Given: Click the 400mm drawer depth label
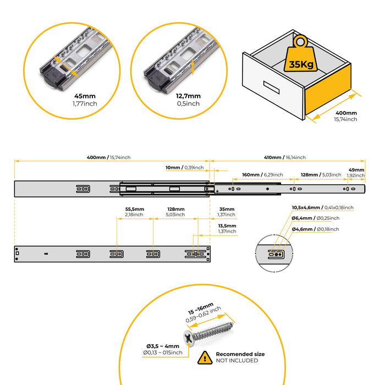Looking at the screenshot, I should (345, 113).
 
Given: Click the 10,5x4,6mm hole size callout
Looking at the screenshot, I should (322, 207).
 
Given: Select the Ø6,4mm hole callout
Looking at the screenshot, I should (315, 218).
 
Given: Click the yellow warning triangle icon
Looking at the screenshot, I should (204, 358).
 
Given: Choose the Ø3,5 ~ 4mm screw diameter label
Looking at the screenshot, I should (160, 349).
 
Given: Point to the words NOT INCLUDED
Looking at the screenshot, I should (237, 361).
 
